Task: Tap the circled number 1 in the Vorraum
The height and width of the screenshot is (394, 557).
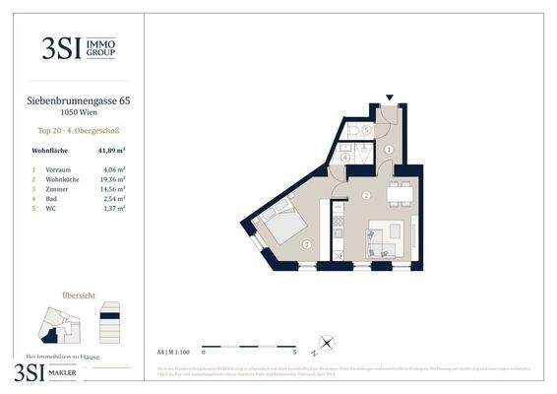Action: coord(389,150)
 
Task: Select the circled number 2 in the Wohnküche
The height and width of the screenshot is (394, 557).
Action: coord(365,196)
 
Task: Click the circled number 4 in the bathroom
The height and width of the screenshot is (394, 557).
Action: coord(344,158)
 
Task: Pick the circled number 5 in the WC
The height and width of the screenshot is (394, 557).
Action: coord(365,129)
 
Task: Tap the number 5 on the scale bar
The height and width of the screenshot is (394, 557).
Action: coord(295,351)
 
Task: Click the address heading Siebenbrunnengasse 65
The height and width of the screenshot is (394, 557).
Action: coord(74,99)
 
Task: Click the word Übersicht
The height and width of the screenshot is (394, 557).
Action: coord(78,294)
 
